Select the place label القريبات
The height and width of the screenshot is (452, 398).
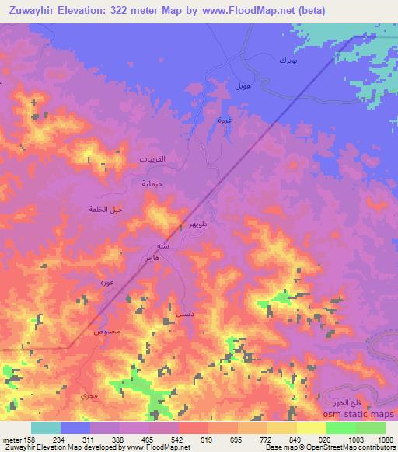coord(152,158)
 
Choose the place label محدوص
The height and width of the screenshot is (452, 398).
coord(106,332)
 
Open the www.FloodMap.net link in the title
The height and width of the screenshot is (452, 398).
coord(249,10)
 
